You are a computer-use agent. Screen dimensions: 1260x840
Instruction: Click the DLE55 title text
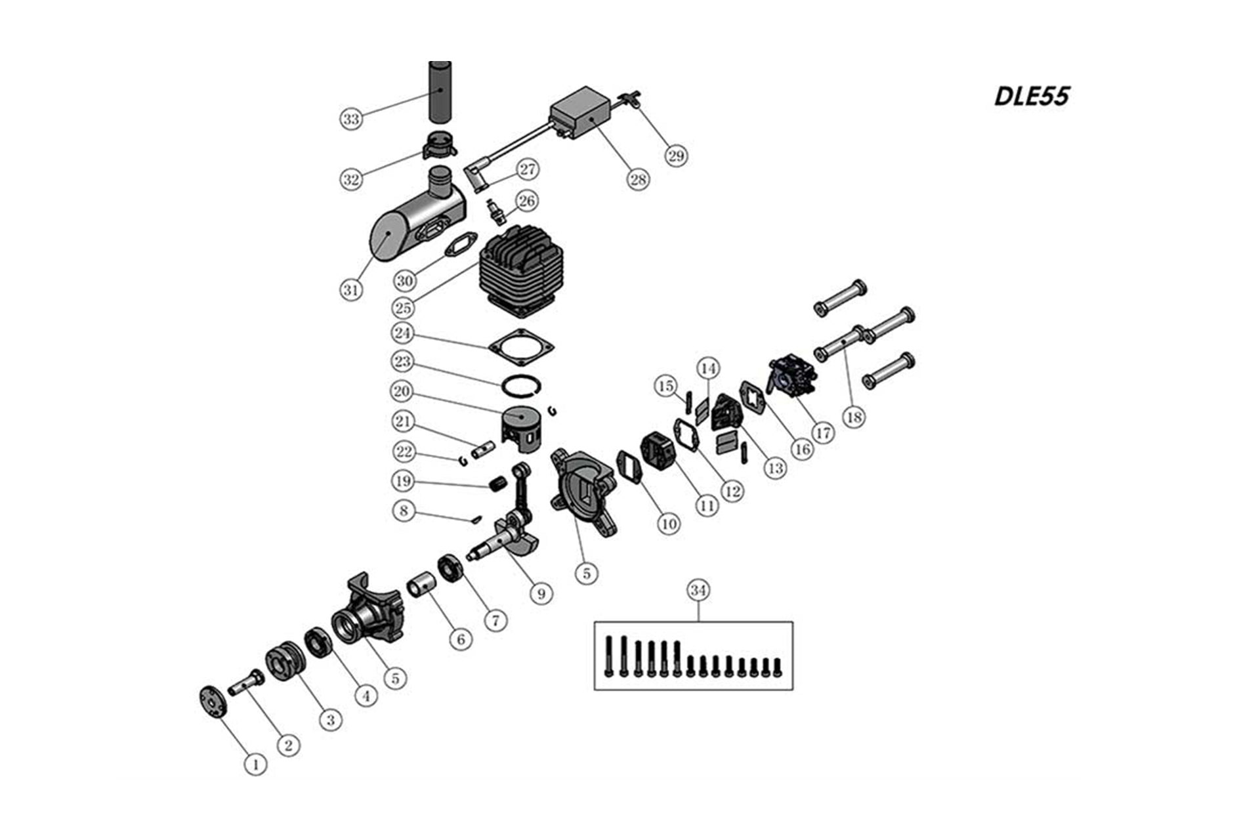pos(1032,96)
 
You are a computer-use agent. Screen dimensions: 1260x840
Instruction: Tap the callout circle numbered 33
pos(352,119)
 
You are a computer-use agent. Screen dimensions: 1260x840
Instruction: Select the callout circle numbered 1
pos(255,764)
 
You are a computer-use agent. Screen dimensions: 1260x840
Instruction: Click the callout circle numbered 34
pos(698,591)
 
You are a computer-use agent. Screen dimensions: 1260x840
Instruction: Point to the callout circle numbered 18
pos(854,417)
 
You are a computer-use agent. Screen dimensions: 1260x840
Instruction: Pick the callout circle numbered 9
pos(541,594)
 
